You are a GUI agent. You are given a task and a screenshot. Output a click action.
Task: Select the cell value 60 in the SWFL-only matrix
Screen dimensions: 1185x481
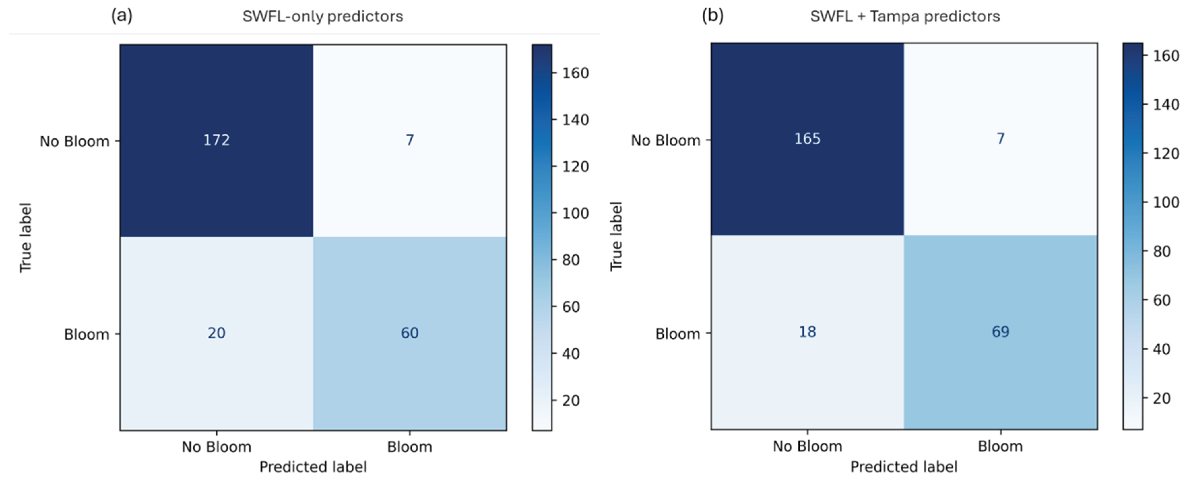point(409,333)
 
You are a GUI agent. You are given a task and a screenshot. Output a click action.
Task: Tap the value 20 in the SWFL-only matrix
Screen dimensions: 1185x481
point(216,333)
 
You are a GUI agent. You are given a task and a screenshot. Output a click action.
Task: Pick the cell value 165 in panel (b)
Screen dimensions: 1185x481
point(807,139)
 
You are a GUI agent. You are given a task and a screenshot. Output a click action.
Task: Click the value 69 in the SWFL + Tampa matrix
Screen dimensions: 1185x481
point(1001,331)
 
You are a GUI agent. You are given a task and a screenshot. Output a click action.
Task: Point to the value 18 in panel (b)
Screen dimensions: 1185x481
point(807,331)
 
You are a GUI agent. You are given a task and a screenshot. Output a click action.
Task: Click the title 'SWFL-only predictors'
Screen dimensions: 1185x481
point(322,17)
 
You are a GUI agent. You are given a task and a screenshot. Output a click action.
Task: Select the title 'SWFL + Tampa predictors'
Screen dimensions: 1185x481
point(905,17)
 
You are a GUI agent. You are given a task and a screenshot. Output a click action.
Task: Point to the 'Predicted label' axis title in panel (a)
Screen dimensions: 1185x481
point(313,467)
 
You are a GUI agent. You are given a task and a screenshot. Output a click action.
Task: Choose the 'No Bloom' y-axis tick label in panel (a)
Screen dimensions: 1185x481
point(75,141)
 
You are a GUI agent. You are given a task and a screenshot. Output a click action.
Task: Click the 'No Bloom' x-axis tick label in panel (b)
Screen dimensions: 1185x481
point(807,446)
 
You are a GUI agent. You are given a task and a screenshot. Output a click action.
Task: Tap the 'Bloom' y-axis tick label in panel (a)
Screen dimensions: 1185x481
point(86,334)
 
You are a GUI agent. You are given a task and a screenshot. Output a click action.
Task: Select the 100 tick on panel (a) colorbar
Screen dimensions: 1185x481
point(575,213)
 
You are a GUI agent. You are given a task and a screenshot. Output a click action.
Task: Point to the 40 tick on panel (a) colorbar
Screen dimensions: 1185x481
point(571,354)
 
